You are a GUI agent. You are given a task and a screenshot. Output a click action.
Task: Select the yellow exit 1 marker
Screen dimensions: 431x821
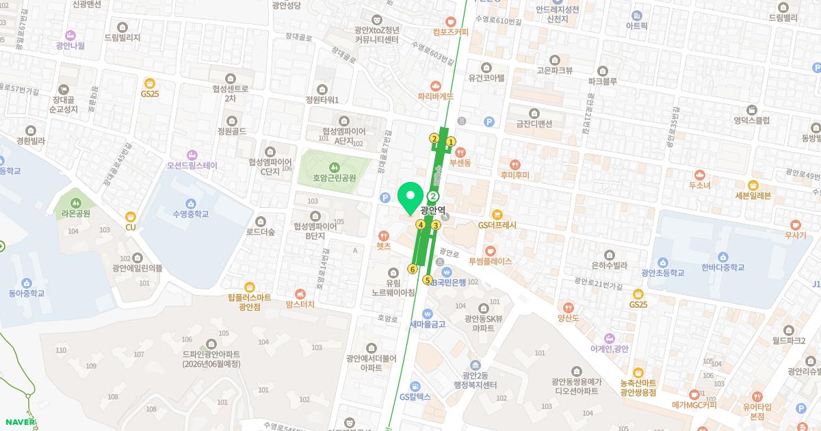point(450,142)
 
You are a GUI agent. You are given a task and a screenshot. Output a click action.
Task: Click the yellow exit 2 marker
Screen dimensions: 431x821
point(434,139)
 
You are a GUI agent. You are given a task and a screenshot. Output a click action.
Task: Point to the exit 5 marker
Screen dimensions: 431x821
point(428,280)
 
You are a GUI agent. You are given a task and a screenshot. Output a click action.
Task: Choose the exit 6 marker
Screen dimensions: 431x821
point(412,269)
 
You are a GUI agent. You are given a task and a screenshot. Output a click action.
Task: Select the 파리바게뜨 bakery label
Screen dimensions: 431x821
point(436,97)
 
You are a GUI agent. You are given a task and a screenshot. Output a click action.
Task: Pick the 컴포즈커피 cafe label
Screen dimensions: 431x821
point(451,31)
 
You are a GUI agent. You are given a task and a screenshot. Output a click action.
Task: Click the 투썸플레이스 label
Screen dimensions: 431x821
point(490,261)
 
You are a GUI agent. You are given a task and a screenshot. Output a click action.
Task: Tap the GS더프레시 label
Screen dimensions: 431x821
point(497,224)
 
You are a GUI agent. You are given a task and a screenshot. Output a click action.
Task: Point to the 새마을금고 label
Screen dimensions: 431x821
point(428,324)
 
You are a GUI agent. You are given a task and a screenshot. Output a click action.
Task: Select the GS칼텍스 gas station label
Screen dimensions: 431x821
point(415,397)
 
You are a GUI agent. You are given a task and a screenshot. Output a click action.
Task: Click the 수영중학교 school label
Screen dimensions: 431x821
point(191,213)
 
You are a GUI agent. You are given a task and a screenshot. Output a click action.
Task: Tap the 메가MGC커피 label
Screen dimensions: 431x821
point(694,404)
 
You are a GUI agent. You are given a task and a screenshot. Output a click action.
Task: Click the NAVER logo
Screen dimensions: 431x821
point(18,421)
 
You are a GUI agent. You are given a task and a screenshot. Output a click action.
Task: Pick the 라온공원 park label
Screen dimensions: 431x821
point(75,213)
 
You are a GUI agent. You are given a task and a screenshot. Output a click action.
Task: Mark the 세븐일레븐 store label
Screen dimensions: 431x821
point(753,195)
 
